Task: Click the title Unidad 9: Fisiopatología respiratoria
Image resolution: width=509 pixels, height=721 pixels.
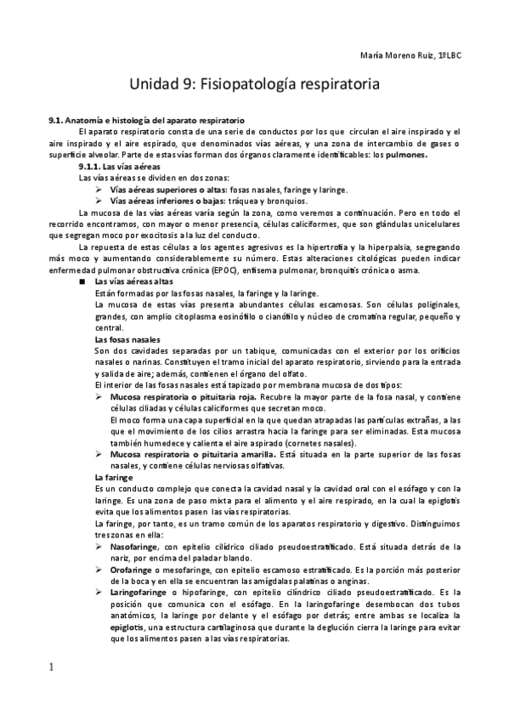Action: click(x=252, y=85)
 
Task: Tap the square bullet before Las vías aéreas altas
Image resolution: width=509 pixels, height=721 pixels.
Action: click(x=82, y=281)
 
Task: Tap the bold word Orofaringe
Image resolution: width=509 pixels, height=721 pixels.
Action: click(x=130, y=570)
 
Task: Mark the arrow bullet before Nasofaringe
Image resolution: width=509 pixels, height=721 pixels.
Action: click(x=99, y=547)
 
